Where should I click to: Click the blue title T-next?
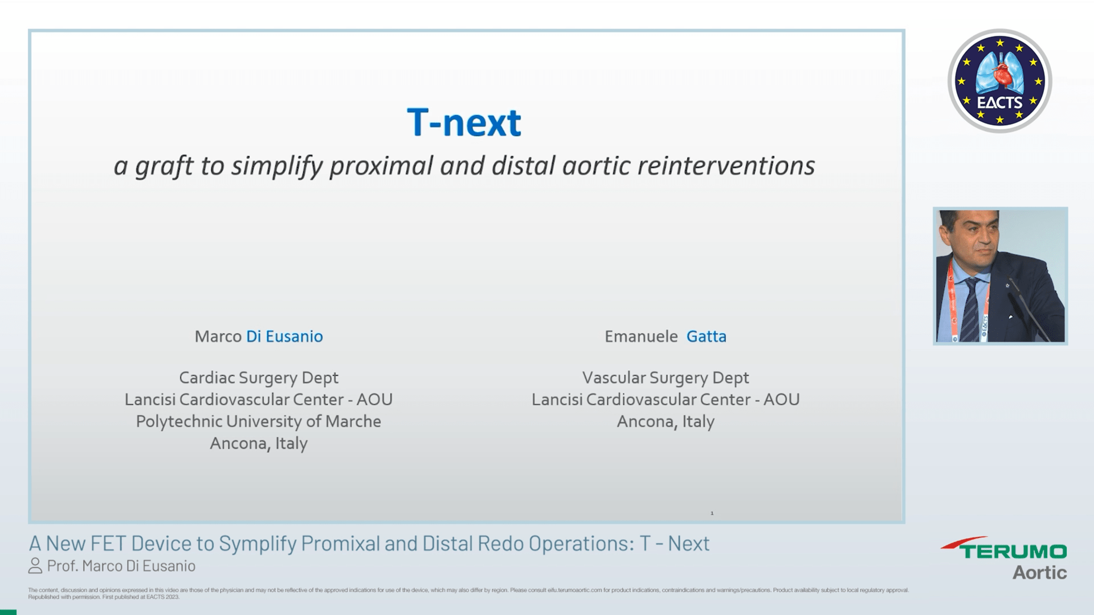click(x=464, y=122)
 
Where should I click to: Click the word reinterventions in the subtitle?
click(x=726, y=166)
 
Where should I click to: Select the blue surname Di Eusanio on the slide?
click(x=284, y=337)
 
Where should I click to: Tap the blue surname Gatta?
click(x=706, y=337)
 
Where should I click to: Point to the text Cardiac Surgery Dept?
click(x=259, y=378)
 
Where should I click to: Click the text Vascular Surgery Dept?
click(x=666, y=378)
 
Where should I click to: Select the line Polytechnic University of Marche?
click(x=259, y=421)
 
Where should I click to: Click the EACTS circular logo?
click(x=999, y=81)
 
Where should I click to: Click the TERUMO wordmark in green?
click(x=1013, y=551)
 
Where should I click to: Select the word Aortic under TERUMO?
click(x=1039, y=572)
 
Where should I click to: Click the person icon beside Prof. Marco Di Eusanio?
click(x=35, y=566)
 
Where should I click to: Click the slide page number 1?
click(x=712, y=513)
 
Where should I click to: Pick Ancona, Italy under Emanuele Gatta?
click(x=666, y=421)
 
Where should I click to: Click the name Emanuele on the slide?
click(x=641, y=337)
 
